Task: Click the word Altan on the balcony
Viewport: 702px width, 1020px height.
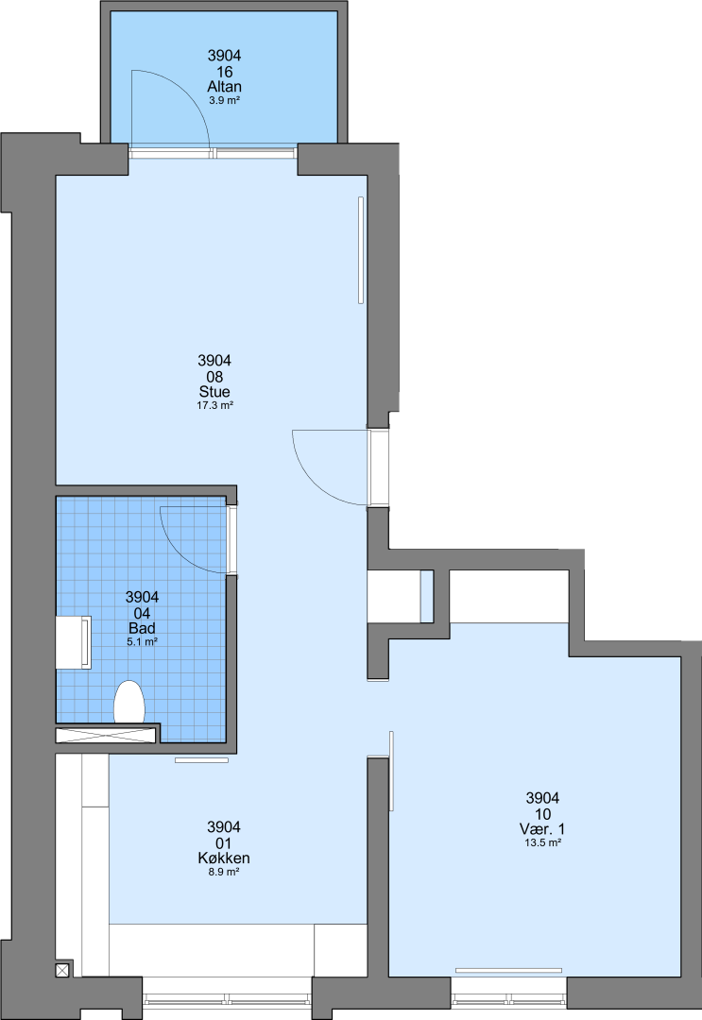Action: click(225, 87)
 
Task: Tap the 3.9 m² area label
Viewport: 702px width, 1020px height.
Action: click(225, 101)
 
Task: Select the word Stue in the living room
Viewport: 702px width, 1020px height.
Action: click(214, 392)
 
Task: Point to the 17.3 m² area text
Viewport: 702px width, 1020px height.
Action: click(214, 405)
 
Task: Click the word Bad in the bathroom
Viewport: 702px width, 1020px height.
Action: click(142, 628)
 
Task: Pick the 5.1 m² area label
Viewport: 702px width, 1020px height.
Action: click(142, 642)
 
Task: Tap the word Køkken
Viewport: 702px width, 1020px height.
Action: click(224, 858)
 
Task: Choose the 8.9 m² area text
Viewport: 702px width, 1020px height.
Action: click(224, 872)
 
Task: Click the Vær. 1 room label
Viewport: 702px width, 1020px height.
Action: click(542, 829)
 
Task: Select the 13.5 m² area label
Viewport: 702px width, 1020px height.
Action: click(542, 842)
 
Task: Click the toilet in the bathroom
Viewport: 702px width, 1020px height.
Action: click(128, 703)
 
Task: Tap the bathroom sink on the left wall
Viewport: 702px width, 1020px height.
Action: click(74, 642)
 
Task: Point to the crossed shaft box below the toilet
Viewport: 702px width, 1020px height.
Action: click(107, 735)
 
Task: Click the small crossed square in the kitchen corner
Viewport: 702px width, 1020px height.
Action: click(62, 970)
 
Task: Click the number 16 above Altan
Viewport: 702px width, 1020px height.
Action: click(225, 72)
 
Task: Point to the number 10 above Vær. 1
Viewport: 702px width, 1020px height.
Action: click(542, 814)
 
